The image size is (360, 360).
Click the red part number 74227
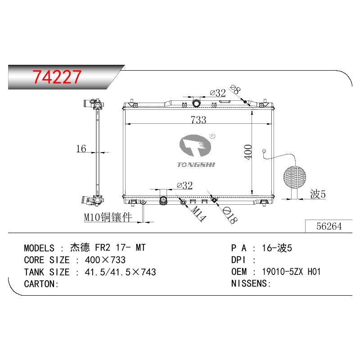[x=57, y=76]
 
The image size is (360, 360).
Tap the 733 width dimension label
[x=198, y=120]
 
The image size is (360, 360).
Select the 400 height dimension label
[x=248, y=152]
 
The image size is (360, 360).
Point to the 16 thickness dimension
[x=81, y=148]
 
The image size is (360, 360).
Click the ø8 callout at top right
[x=235, y=89]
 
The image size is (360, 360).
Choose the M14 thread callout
[x=198, y=213]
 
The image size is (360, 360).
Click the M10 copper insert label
[x=108, y=217]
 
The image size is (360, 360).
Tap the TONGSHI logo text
[x=196, y=165]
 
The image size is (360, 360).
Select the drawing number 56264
[x=329, y=226]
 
